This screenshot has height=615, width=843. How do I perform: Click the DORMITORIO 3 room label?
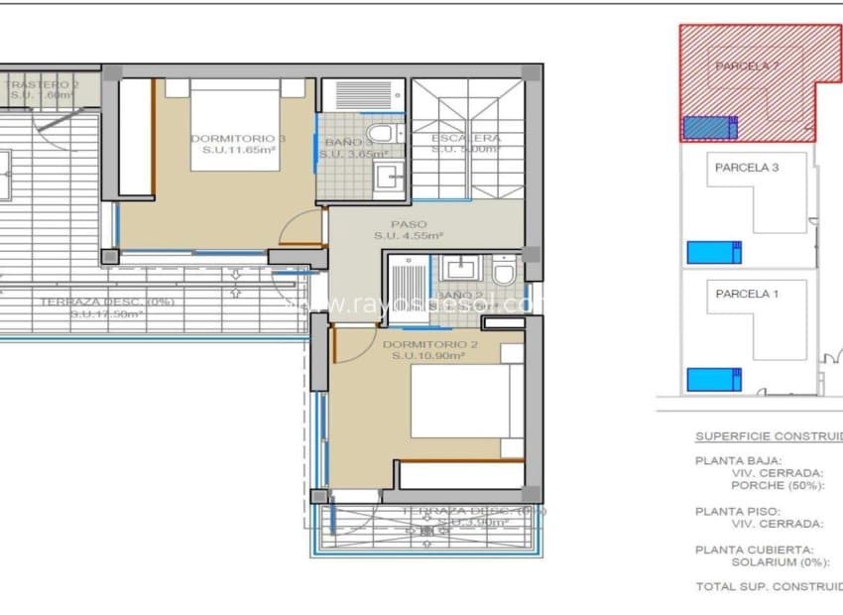click(x=237, y=139)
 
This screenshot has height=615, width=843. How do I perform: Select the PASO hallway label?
click(x=408, y=224)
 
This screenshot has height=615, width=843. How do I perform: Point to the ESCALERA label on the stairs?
click(x=466, y=139)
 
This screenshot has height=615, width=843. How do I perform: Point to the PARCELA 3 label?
click(x=746, y=168)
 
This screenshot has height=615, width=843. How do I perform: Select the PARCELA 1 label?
click(x=746, y=294)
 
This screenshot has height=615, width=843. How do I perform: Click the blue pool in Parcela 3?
click(x=714, y=251)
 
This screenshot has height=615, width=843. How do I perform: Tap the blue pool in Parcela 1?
click(x=714, y=379)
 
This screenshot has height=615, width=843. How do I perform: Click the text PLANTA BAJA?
click(x=738, y=460)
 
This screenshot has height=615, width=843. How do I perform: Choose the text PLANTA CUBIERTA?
click(x=754, y=550)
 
